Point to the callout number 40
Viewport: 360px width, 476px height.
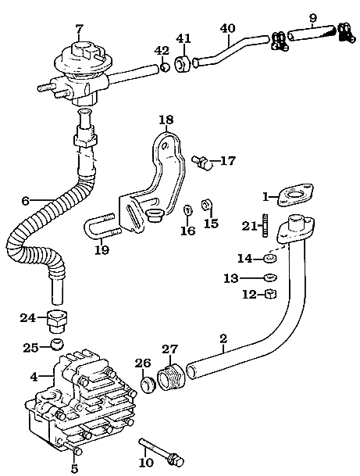[x=227, y=28]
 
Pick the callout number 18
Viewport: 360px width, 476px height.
[x=166, y=120]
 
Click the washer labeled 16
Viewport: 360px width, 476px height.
[x=187, y=212]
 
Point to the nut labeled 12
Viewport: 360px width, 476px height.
[x=270, y=295]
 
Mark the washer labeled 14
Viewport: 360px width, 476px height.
[x=269, y=259]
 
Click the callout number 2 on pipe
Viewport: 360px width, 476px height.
[x=223, y=338]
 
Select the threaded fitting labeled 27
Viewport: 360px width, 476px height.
[x=171, y=376]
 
